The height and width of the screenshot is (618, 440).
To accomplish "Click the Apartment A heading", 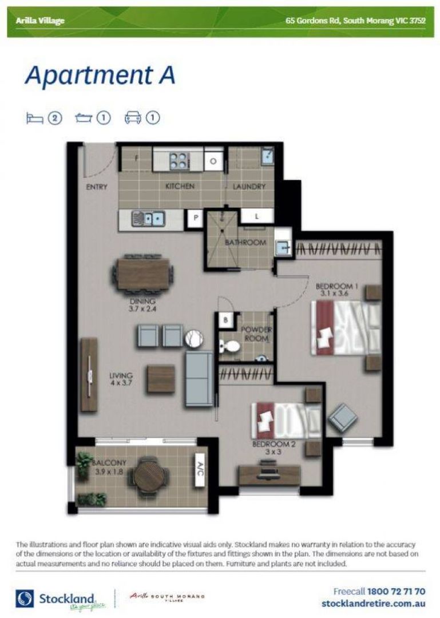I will tap(100, 76).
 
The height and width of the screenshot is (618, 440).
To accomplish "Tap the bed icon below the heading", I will tap(35, 118).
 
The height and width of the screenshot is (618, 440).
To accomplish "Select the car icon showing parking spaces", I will tap(133, 118).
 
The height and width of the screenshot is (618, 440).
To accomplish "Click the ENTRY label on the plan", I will tap(97, 187).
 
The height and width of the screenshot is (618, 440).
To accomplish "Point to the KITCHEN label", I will tap(180, 187).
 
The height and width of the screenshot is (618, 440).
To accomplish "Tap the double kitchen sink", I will tap(148, 217).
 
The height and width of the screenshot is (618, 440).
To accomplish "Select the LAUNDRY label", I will tap(249, 187).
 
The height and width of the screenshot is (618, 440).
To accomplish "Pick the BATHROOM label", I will tap(245, 243).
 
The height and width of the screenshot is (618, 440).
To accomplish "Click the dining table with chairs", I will tap(143, 273).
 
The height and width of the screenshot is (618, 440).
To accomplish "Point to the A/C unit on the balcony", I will tap(200, 473).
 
